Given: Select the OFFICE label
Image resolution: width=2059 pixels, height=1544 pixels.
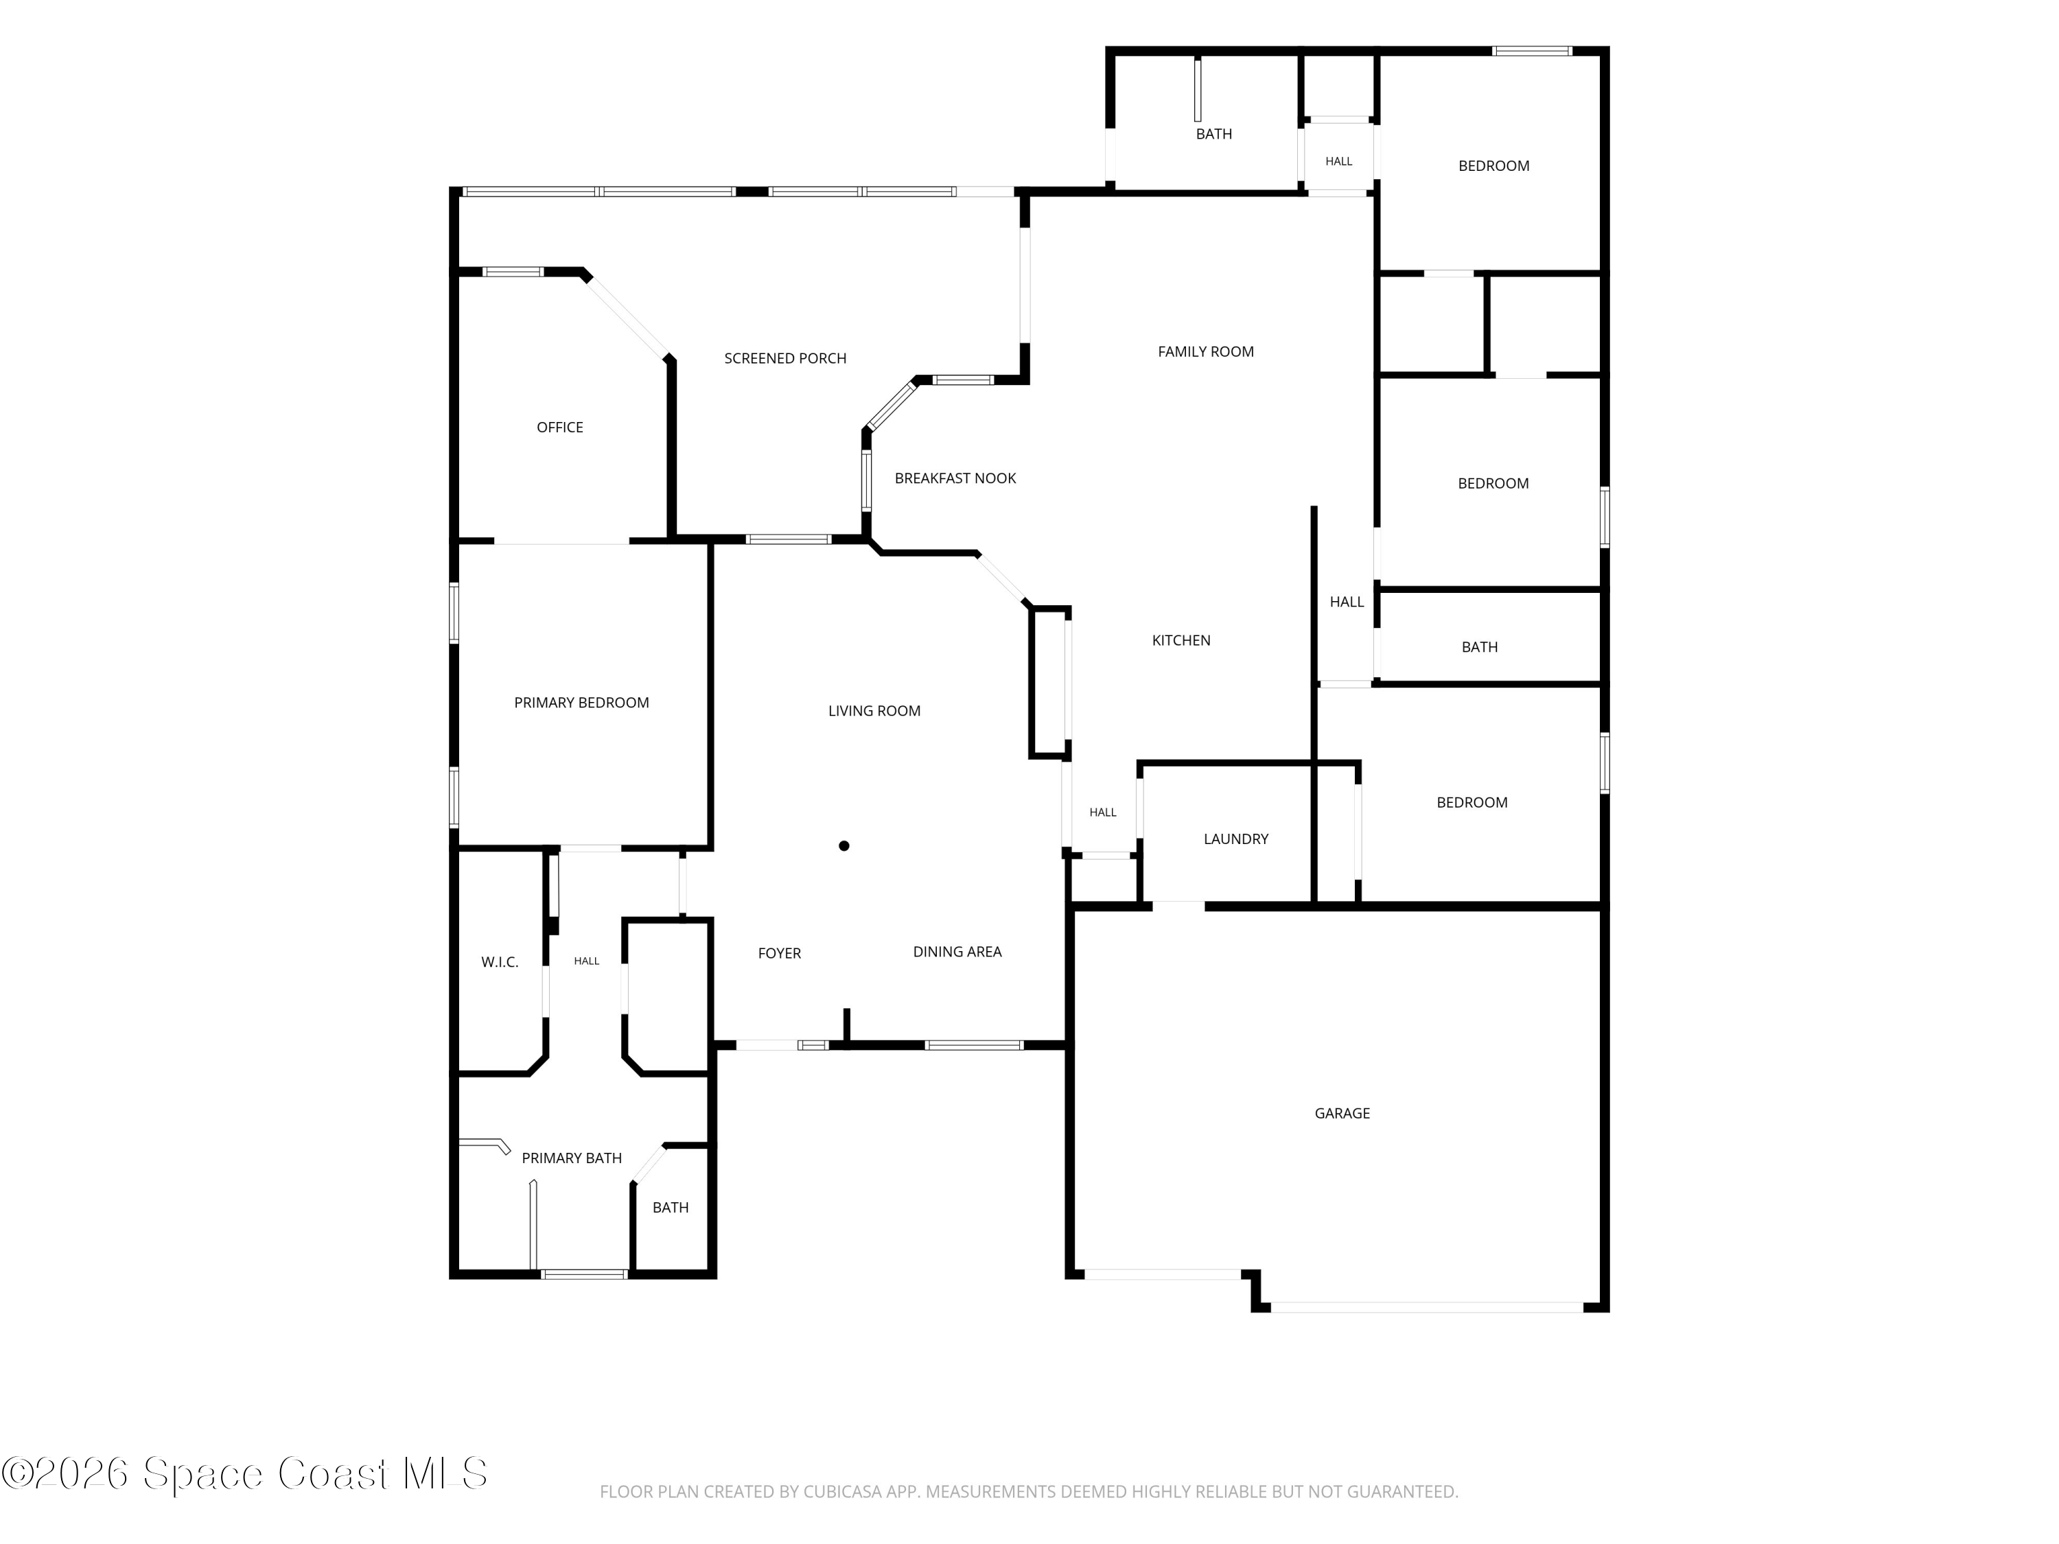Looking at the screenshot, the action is (x=559, y=428).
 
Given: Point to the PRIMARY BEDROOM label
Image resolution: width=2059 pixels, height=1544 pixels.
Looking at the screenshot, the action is (x=582, y=703).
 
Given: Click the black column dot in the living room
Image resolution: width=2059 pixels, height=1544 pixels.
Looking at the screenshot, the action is (x=844, y=846).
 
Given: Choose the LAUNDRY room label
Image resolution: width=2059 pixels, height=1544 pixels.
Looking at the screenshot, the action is (x=1236, y=839).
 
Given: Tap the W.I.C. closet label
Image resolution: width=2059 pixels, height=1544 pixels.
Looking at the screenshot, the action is (x=500, y=962).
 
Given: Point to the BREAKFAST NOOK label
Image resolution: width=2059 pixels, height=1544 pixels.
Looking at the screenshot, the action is (x=955, y=478).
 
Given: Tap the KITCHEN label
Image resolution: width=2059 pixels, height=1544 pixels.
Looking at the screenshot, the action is (x=1181, y=640).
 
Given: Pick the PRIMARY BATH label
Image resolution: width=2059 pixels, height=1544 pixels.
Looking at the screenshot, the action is (x=572, y=1158).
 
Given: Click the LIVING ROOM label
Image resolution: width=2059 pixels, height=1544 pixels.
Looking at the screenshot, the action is (x=874, y=711).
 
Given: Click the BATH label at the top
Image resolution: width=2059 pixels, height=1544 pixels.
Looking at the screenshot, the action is (x=1214, y=134).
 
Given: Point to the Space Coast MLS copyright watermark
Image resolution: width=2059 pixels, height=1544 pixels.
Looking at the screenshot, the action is (x=244, y=1473).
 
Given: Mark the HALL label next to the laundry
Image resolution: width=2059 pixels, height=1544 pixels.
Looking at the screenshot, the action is (x=1103, y=812).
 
